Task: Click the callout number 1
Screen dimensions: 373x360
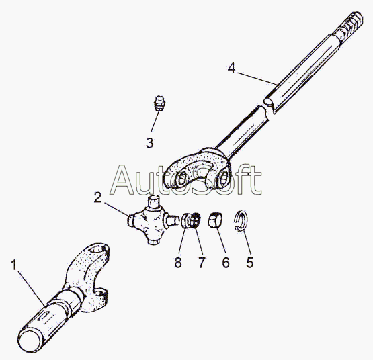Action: coord(14,265)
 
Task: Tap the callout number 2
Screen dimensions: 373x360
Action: coord(97,197)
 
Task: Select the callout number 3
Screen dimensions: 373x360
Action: coord(150,143)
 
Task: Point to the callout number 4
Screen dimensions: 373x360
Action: coord(231,68)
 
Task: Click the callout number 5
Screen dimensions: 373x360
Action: coord(250,263)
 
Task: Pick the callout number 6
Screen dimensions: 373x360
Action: coord(226,263)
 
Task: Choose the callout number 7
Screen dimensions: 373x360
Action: coord(202,263)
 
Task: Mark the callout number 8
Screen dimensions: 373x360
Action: coord(178,263)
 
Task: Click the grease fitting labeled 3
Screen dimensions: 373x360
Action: coord(159,103)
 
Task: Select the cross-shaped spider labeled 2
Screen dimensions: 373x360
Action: coord(153,220)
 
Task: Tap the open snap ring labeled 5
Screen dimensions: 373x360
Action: coord(241,220)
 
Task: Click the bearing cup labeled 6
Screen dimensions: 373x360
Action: coord(216,220)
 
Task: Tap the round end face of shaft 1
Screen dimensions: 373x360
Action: coord(29,340)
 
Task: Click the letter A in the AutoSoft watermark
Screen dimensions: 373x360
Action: coord(126,179)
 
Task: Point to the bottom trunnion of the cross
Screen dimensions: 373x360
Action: coord(152,240)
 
